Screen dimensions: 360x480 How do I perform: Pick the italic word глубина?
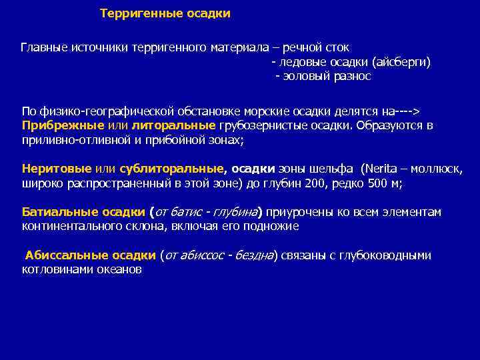(x=235, y=212)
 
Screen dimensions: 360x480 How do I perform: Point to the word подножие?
(x=272, y=226)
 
